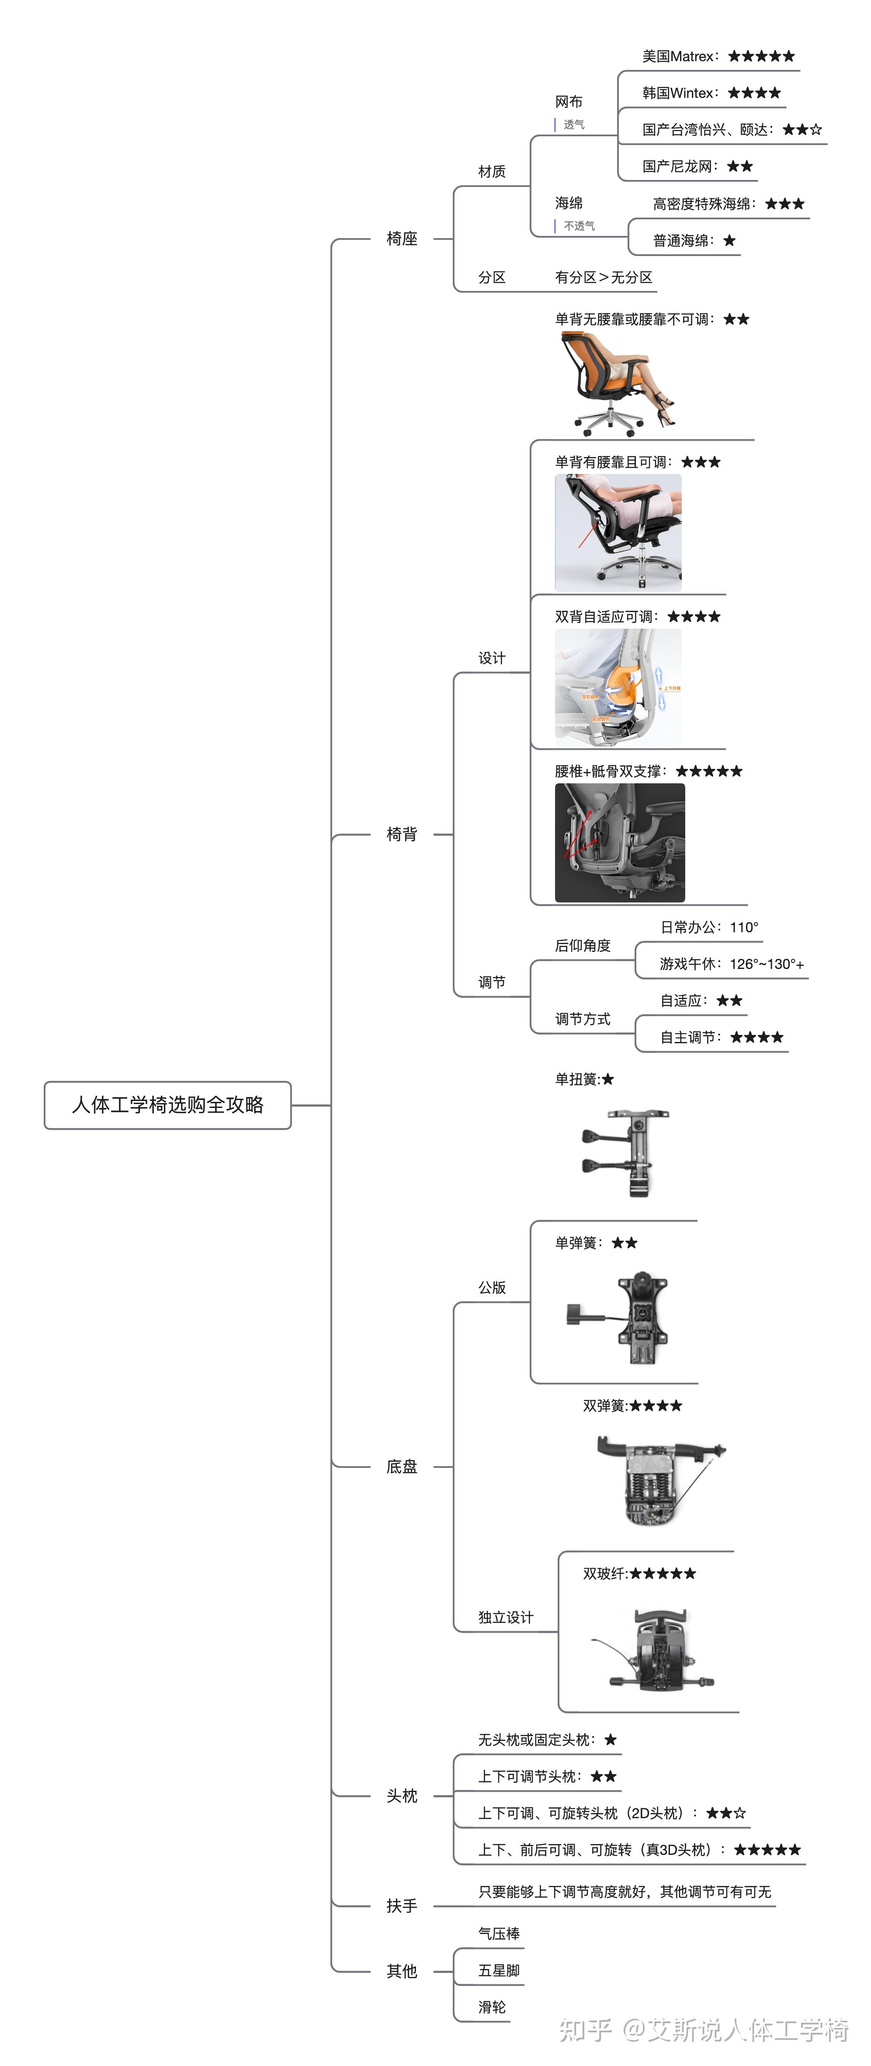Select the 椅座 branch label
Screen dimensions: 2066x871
402,238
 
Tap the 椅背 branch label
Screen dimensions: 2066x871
402,834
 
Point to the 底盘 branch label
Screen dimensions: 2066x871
402,1466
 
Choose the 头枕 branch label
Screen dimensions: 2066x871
402,1796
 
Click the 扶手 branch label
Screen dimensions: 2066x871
402,1906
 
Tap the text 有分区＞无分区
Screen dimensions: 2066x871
603,277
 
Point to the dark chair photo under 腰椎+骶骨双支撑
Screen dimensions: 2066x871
620,842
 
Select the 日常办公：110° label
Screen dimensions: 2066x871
709,927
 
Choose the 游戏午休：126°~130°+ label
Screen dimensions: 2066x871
732,964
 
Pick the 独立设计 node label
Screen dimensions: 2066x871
505,1617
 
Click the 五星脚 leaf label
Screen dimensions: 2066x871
499,1971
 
